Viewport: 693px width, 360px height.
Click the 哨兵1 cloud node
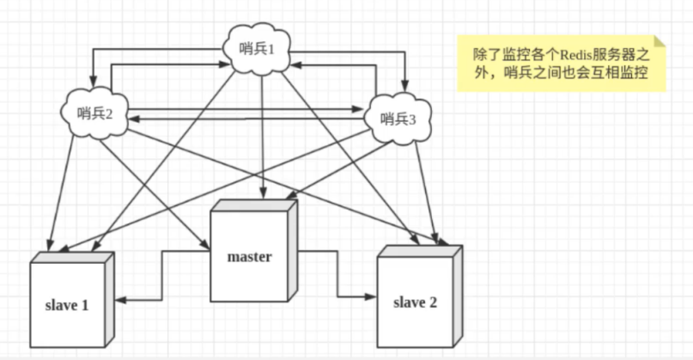click(x=258, y=49)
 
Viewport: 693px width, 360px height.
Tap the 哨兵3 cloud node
click(x=398, y=119)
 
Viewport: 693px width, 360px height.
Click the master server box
click(x=251, y=254)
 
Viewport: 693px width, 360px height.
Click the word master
click(x=249, y=257)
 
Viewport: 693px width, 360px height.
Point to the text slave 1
click(x=66, y=305)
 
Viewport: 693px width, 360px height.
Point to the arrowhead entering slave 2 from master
click(x=370, y=296)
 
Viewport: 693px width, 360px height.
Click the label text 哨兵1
click(x=258, y=49)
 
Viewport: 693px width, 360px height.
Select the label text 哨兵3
click(x=398, y=119)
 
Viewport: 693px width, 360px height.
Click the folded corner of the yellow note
click(x=660, y=40)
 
